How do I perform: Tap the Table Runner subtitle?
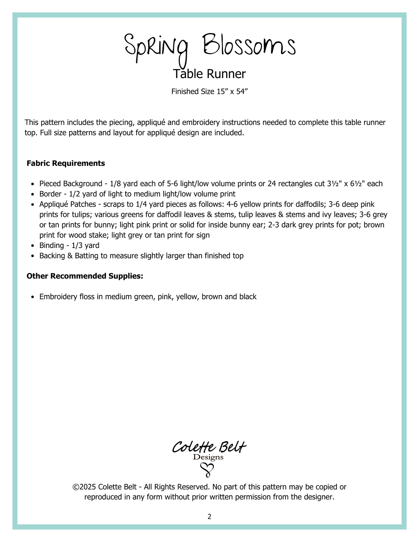(209, 74)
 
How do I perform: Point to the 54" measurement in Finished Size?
(242, 92)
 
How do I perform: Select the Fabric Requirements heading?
(66, 163)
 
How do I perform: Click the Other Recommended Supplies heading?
(85, 276)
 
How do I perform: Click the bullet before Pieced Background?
(33, 184)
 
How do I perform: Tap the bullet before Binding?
(33, 246)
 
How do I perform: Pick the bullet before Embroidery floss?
(33, 297)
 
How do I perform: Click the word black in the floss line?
(248, 297)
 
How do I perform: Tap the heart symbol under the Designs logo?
(208, 470)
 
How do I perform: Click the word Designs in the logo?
(208, 457)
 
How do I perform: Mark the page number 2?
(209, 517)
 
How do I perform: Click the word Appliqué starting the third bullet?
(53, 204)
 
